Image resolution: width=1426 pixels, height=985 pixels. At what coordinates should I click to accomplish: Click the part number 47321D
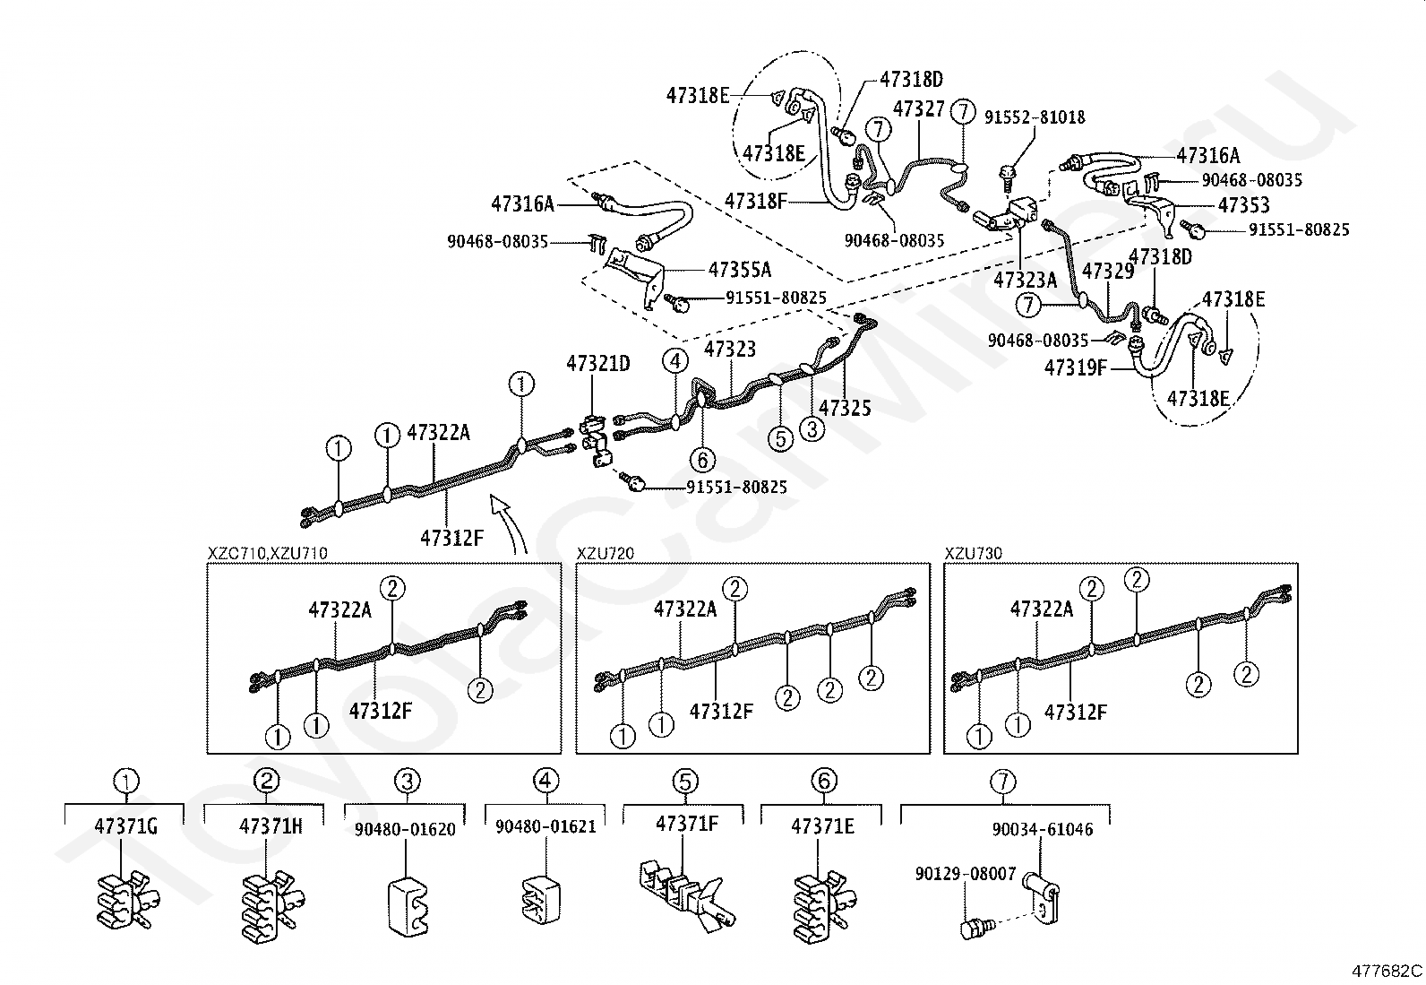[597, 364]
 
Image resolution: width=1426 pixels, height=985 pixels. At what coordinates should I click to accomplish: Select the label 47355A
[739, 270]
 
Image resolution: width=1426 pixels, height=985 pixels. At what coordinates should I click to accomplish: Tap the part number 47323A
[1025, 280]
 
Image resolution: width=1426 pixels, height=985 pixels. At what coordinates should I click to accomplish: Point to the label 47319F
[1075, 367]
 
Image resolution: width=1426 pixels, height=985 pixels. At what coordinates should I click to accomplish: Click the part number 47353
[1243, 205]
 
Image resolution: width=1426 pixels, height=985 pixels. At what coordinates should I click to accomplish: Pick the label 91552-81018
[1035, 117]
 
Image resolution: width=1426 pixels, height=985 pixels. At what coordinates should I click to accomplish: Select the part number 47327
[918, 109]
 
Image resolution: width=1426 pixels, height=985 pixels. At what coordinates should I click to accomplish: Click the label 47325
[844, 408]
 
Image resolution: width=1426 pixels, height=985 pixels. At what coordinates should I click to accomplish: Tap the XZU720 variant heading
[605, 553]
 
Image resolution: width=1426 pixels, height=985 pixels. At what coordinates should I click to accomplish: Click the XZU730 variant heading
[973, 553]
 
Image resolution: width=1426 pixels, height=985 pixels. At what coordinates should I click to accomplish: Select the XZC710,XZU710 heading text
[267, 553]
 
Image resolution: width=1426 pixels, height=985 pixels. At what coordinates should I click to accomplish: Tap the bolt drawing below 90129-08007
[973, 929]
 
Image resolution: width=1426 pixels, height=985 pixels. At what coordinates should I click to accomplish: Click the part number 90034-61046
[1042, 830]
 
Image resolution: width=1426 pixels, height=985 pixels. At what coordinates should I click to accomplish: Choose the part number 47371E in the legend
[822, 826]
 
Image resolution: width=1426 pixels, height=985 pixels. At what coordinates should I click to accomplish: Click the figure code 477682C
[1386, 971]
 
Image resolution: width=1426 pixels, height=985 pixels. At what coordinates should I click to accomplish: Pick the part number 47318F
[756, 202]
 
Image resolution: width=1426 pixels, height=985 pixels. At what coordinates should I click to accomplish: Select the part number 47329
[1108, 272]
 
